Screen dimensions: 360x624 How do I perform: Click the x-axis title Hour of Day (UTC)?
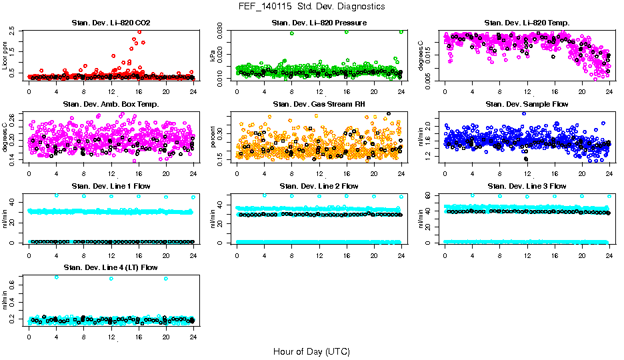tap(311, 351)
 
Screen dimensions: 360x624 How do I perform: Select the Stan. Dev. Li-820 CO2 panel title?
tap(111, 23)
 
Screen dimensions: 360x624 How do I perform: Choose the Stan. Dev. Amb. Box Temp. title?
tap(111, 105)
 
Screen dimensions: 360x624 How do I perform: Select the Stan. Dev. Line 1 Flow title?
tap(111, 186)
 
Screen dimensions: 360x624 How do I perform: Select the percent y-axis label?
tap(213, 137)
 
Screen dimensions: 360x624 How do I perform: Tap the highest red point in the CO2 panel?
tap(139, 31)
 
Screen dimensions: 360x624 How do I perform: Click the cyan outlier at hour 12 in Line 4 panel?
tap(111, 279)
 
